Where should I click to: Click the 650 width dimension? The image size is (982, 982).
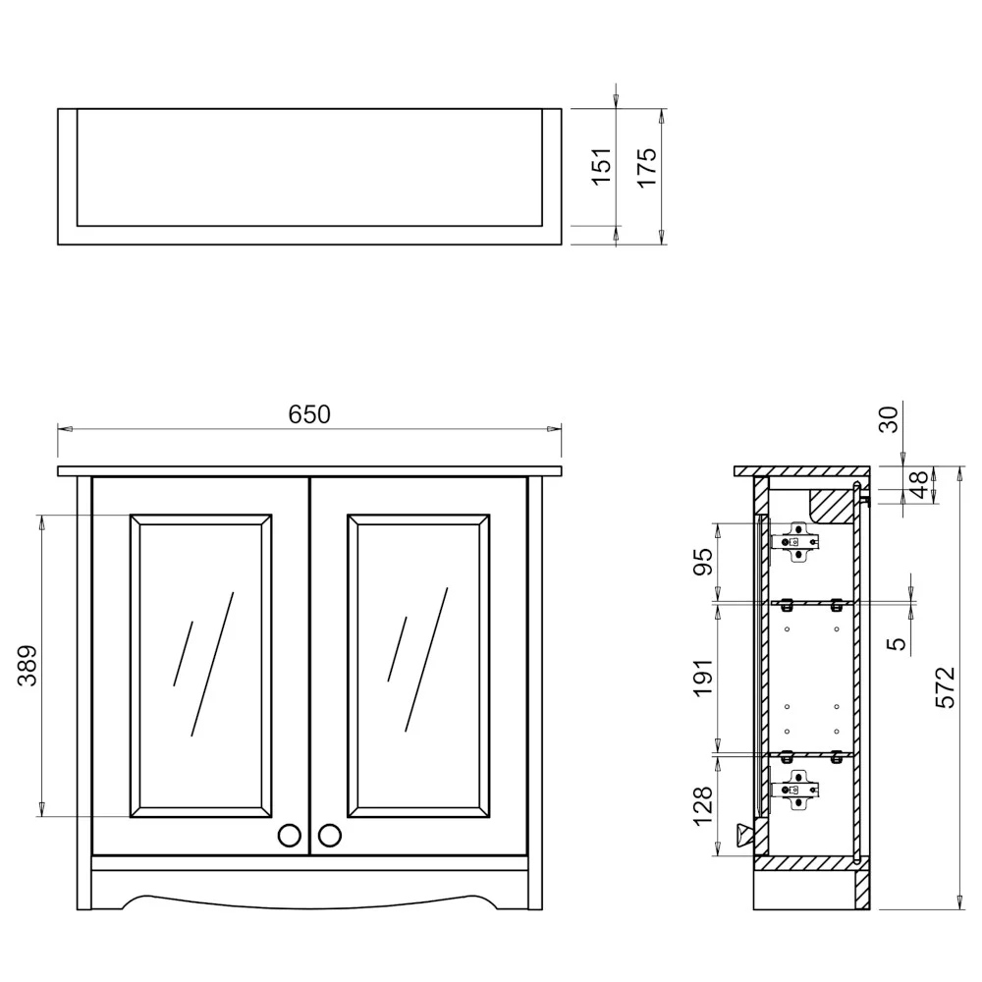(x=309, y=414)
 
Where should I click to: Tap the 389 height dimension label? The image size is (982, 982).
(x=27, y=666)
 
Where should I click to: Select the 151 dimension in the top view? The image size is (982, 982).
(x=601, y=167)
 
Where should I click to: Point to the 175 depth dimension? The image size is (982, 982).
(x=646, y=167)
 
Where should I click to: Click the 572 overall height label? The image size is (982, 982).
(x=946, y=687)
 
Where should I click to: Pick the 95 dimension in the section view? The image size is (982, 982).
(x=703, y=562)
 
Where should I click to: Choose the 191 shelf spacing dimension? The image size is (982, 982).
(x=703, y=677)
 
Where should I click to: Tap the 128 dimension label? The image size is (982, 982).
(x=703, y=806)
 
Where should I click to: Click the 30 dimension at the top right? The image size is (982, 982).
(x=888, y=419)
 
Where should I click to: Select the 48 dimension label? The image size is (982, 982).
(x=918, y=485)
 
